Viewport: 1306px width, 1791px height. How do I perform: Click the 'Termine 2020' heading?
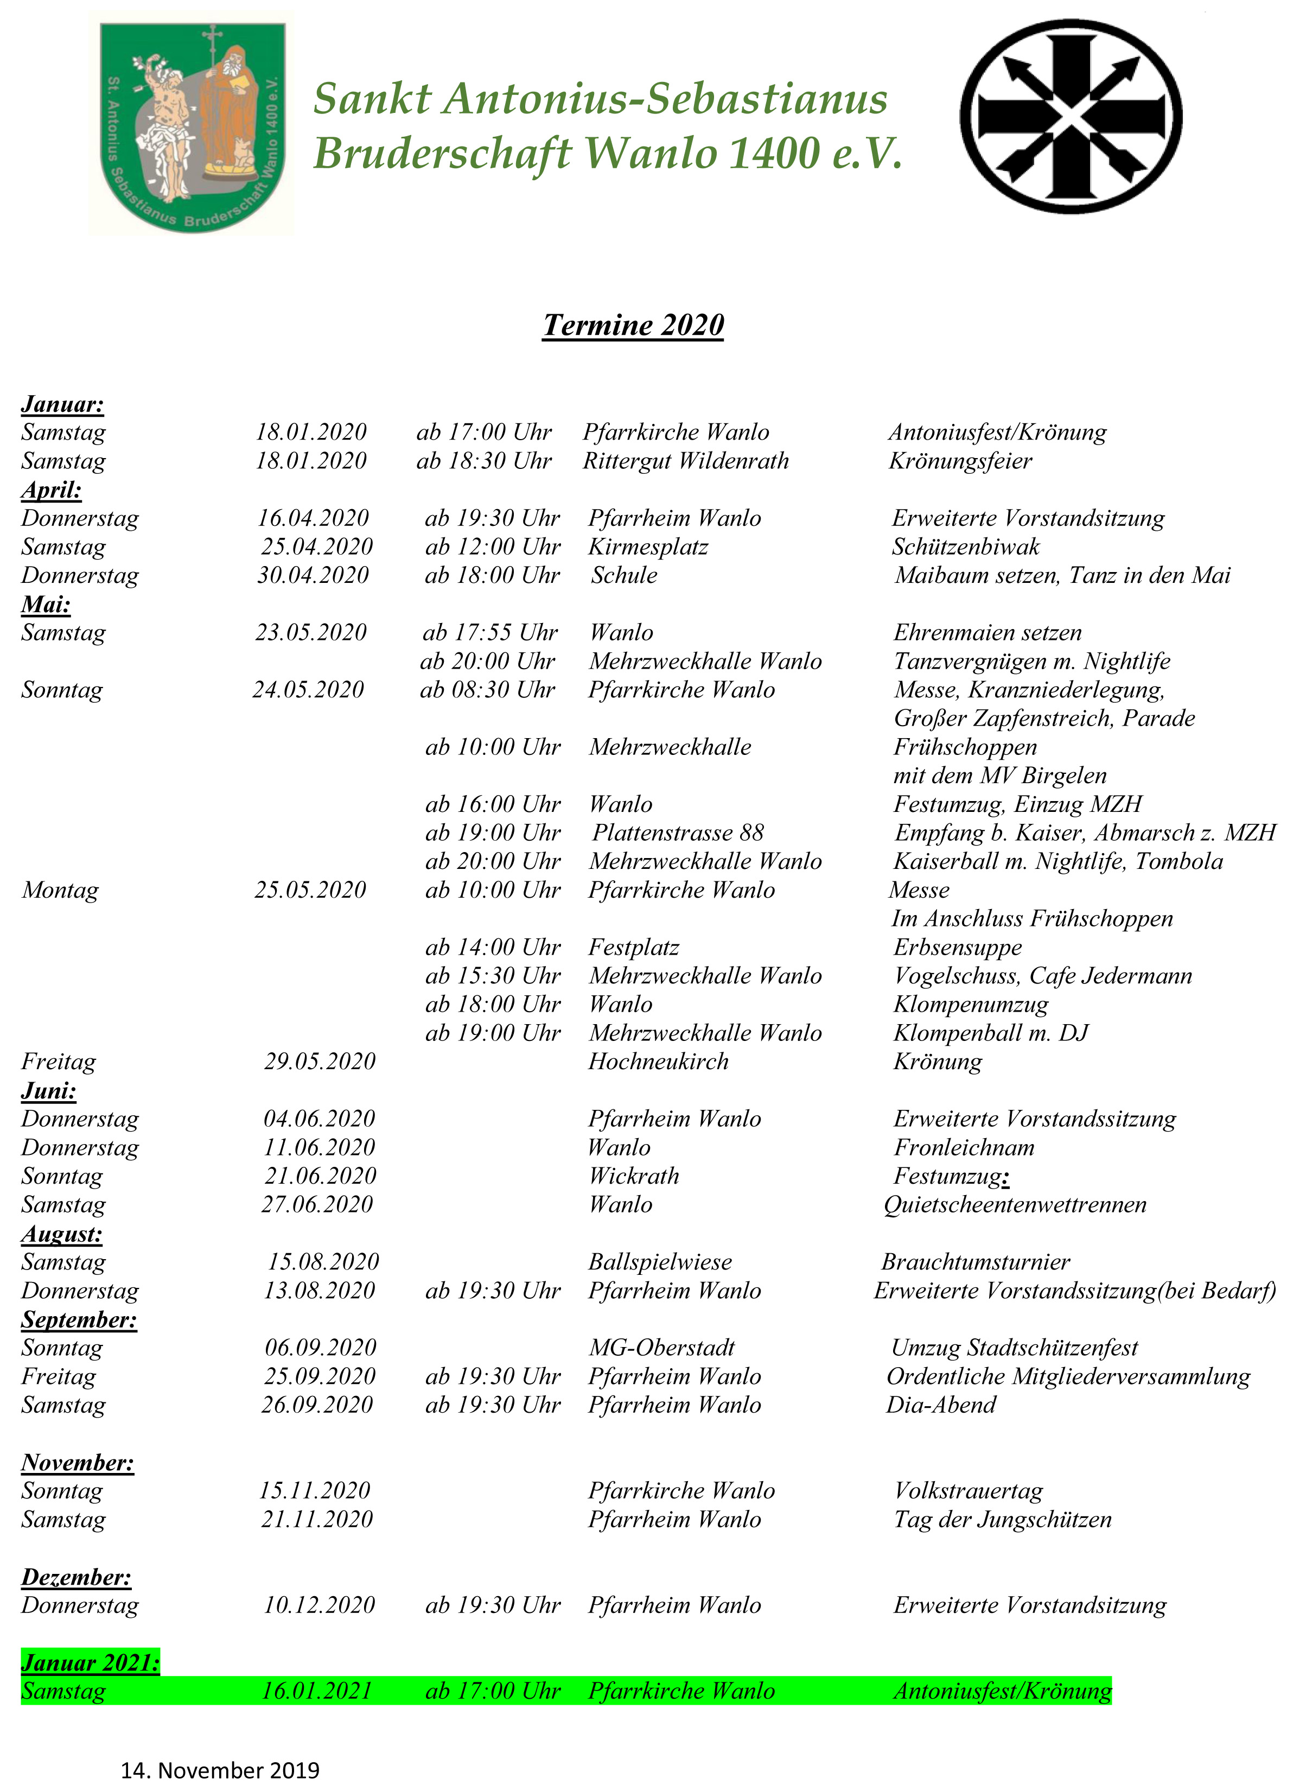click(x=633, y=325)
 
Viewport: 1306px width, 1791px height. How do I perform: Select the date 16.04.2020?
click(x=313, y=519)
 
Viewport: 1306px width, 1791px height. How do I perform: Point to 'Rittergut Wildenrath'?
click(x=685, y=461)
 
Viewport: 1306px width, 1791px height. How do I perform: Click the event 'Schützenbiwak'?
click(x=965, y=547)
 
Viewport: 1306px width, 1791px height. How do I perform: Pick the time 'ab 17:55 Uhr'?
click(x=489, y=633)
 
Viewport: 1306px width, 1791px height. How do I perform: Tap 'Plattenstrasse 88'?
click(x=678, y=833)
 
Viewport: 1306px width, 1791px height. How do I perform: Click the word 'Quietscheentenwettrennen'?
click(x=1015, y=1205)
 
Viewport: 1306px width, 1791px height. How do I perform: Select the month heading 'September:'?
click(x=79, y=1320)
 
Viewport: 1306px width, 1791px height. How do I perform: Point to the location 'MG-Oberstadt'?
click(x=662, y=1348)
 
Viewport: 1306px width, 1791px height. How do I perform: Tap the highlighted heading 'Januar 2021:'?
click(x=90, y=1662)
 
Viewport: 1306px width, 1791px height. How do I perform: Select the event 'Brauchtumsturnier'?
click(x=976, y=1262)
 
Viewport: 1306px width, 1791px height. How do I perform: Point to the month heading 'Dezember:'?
click(x=76, y=1577)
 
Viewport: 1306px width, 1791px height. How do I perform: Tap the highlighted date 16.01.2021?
click(x=316, y=1691)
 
